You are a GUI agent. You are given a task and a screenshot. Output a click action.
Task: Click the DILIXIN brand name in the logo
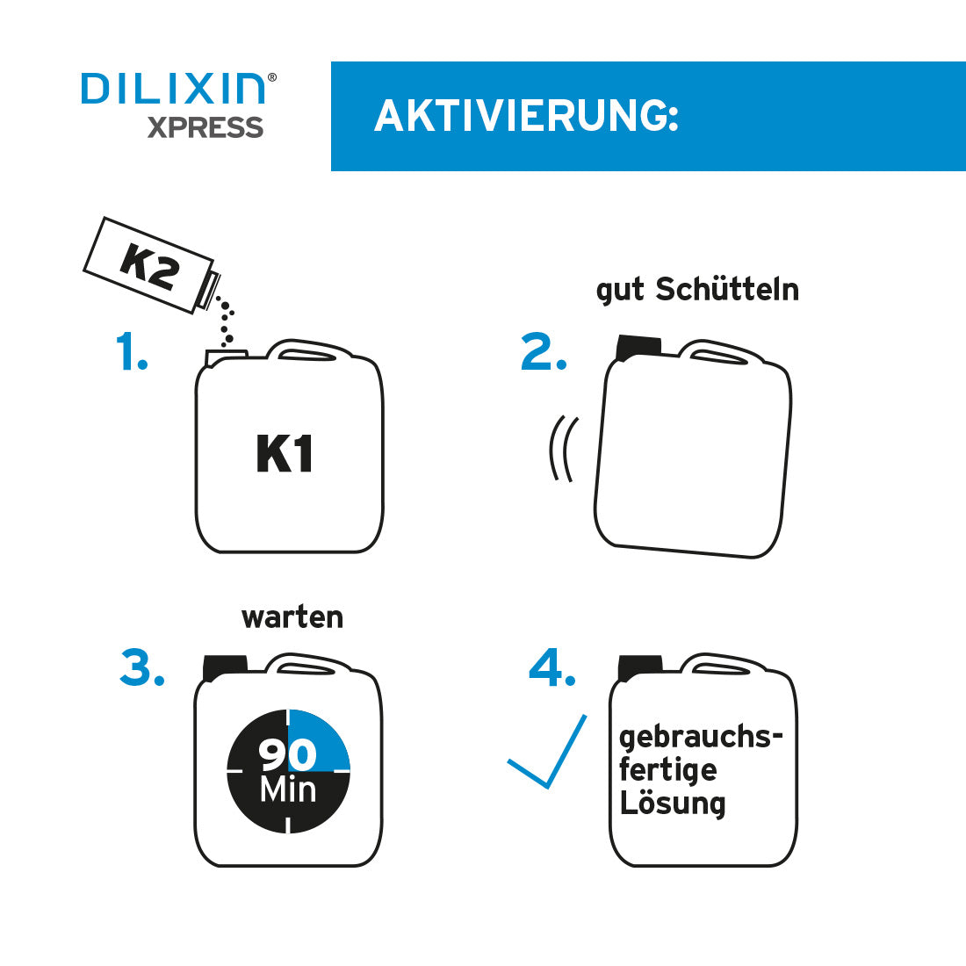(173, 89)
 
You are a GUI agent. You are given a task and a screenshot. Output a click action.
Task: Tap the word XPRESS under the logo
(205, 128)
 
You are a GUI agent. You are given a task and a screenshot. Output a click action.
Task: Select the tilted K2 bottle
(148, 264)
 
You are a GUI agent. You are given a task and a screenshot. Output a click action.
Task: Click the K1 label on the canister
(285, 454)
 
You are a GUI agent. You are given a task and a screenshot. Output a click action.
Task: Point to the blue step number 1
(132, 352)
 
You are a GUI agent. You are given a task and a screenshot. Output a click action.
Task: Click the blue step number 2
(544, 352)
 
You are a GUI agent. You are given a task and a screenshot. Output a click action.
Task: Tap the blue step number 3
(142, 668)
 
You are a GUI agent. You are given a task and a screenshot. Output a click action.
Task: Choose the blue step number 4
(552, 668)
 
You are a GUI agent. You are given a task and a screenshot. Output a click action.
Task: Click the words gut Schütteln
(697, 290)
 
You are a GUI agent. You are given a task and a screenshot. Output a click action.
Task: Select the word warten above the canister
(292, 617)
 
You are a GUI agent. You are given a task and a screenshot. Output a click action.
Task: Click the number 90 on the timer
(287, 754)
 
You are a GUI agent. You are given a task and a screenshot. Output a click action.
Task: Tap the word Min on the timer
(288, 790)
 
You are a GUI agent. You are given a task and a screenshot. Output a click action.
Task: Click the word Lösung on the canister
(673, 804)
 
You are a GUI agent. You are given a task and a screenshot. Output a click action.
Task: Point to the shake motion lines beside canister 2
(563, 448)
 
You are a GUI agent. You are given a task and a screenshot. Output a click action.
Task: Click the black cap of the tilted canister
(639, 346)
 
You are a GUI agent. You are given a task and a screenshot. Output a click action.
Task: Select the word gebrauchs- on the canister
(700, 737)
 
